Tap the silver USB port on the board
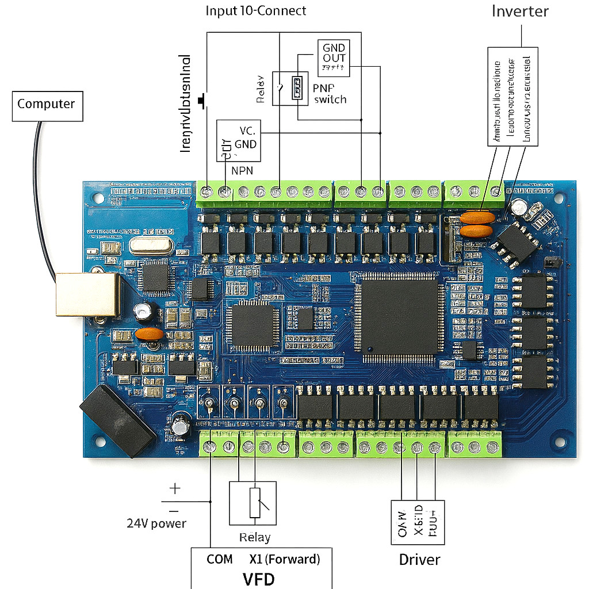pyautogui.click(x=87, y=294)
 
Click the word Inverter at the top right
pyautogui.click(x=520, y=12)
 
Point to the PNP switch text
pyautogui.click(x=330, y=93)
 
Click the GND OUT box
pyautogui.click(x=334, y=58)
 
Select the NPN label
pyautogui.click(x=242, y=170)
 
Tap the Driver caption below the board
pyautogui.click(x=420, y=560)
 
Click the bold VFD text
pyautogui.click(x=258, y=578)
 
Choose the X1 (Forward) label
pyautogui.click(x=285, y=559)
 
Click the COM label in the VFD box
pyautogui.click(x=219, y=559)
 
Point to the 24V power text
pyautogui.click(x=156, y=523)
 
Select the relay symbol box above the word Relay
pyautogui.click(x=253, y=503)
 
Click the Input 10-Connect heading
pyautogui.click(x=256, y=11)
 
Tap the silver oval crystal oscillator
pyautogui.click(x=151, y=246)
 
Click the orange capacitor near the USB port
pyautogui.click(x=150, y=334)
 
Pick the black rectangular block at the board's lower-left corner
pyautogui.click(x=117, y=420)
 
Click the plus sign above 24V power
pyautogui.click(x=175, y=489)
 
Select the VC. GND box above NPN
pyautogui.click(x=238, y=141)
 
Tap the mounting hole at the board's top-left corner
pyautogui.click(x=99, y=198)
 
